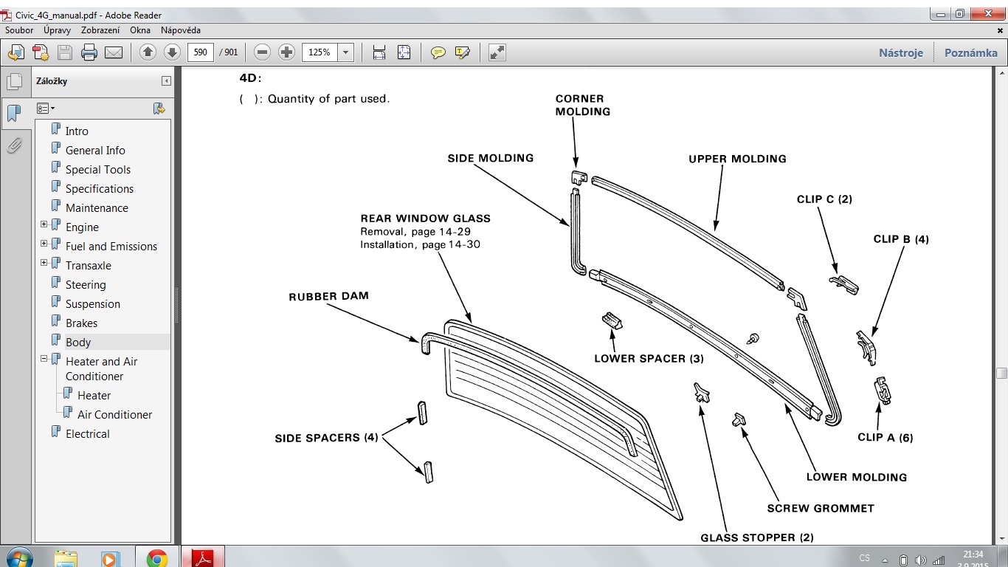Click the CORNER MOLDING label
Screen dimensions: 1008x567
582,105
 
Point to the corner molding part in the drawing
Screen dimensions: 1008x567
579,177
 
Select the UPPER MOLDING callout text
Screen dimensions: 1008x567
737,159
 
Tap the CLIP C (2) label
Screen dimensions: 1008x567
824,199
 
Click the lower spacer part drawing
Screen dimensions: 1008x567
612,320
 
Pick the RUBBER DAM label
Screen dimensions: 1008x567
328,296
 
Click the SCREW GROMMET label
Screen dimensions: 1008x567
821,509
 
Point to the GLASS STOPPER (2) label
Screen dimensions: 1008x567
757,537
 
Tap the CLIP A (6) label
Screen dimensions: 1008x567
886,437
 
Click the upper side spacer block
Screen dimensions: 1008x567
422,413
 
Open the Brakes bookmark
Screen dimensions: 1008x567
81,323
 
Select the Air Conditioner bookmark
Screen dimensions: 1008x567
114,414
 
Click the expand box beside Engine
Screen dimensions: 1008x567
44,224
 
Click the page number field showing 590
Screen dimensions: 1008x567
200,52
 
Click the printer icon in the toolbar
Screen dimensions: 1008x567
89,52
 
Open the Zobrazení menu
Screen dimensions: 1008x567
100,30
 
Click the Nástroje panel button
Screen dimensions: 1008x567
901,52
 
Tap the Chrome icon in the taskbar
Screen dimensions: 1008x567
156,558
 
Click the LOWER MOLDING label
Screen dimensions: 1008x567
856,478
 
